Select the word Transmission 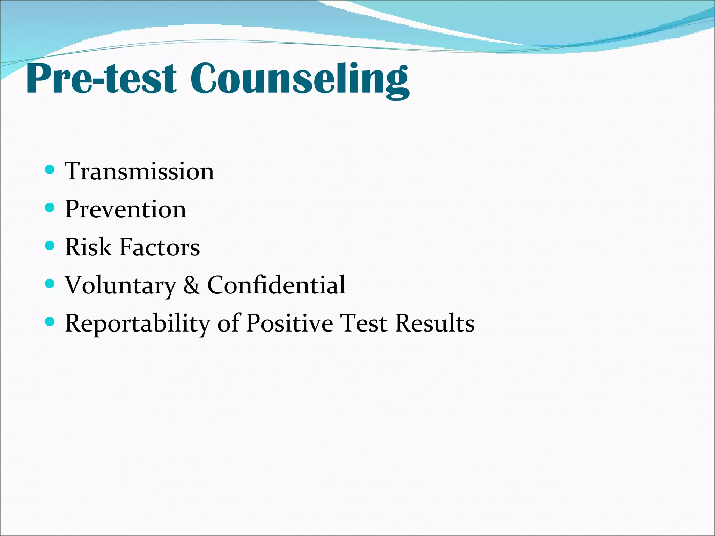coord(139,171)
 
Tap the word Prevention coord(126,209)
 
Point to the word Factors coord(160,247)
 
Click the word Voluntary coord(120,285)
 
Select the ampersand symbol coord(192,285)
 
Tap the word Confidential coord(276,285)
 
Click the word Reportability coord(137,323)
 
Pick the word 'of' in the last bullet coord(228,323)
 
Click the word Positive coord(289,323)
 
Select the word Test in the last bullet coord(364,323)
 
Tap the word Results coord(435,323)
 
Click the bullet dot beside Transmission coord(50,170)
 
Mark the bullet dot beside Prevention coord(50,208)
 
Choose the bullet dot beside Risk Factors coord(50,246)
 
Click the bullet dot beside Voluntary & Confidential coord(50,284)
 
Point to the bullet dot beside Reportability coord(50,322)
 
